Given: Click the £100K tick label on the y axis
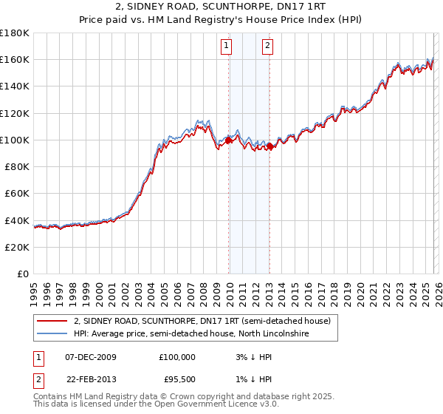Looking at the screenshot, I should [15, 140].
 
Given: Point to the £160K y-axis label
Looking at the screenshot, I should [15, 59].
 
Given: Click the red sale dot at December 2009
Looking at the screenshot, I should [228, 140].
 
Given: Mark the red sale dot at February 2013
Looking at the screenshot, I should [270, 146].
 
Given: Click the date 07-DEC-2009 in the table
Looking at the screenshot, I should [91, 356].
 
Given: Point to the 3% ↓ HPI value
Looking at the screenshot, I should [251, 356].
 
